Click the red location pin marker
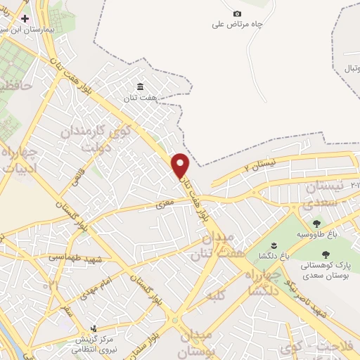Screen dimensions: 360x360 point(181,165)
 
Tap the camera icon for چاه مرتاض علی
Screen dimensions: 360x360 point(237,14)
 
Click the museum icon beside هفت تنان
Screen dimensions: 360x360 point(141,86)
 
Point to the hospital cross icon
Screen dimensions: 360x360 point(26,18)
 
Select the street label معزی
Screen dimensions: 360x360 point(164,205)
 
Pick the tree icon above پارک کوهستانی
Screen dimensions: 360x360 point(325,255)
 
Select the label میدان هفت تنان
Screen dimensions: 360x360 point(212,246)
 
